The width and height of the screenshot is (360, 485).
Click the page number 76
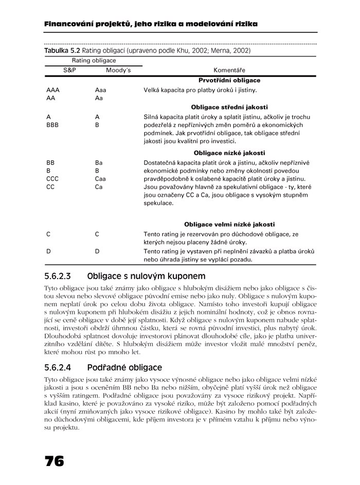tap(54, 461)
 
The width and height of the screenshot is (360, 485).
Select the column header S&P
tap(69, 69)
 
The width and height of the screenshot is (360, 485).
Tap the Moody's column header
tap(118, 69)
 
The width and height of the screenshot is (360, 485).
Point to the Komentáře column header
tap(229, 70)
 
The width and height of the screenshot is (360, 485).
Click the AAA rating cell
tap(53, 90)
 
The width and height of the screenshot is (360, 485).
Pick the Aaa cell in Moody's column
tap(101, 90)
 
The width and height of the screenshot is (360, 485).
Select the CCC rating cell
tap(53, 179)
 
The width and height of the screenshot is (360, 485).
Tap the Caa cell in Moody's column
tap(101, 179)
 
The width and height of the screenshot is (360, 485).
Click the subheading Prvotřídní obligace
tap(229, 80)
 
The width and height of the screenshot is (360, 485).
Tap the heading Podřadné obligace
tap(125, 367)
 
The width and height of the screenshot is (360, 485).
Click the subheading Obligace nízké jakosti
tap(229, 153)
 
